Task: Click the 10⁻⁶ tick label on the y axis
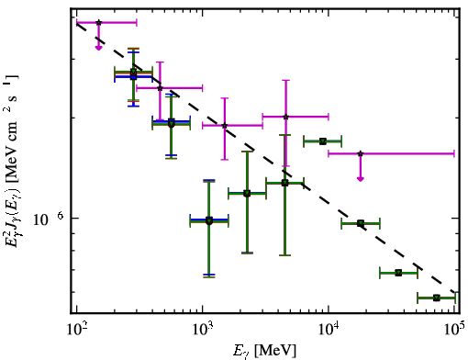point(48,219)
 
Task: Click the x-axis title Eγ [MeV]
point(264,351)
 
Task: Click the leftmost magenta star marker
point(98,22)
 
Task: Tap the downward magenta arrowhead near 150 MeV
point(98,48)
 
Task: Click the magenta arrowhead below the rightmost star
point(361,179)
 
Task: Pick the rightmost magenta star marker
point(361,153)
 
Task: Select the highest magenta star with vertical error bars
point(285,117)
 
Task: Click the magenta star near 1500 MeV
point(225,126)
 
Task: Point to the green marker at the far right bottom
point(437,298)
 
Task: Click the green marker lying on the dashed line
point(361,223)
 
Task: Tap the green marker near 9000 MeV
point(323,141)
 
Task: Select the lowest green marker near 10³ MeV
point(209,220)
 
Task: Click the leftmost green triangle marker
point(133,73)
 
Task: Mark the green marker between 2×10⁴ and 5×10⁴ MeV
point(398,273)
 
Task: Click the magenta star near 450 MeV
point(160,88)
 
